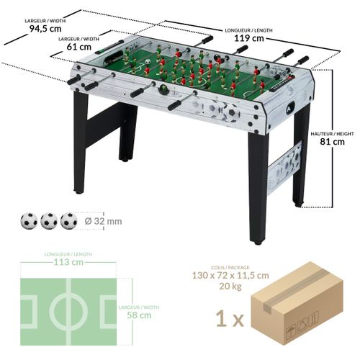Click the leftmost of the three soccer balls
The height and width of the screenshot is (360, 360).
point(30,221)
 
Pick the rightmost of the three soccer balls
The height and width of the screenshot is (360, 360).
point(68,221)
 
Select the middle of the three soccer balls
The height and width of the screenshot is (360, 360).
point(49,221)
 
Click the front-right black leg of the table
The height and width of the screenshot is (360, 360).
point(258,187)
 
